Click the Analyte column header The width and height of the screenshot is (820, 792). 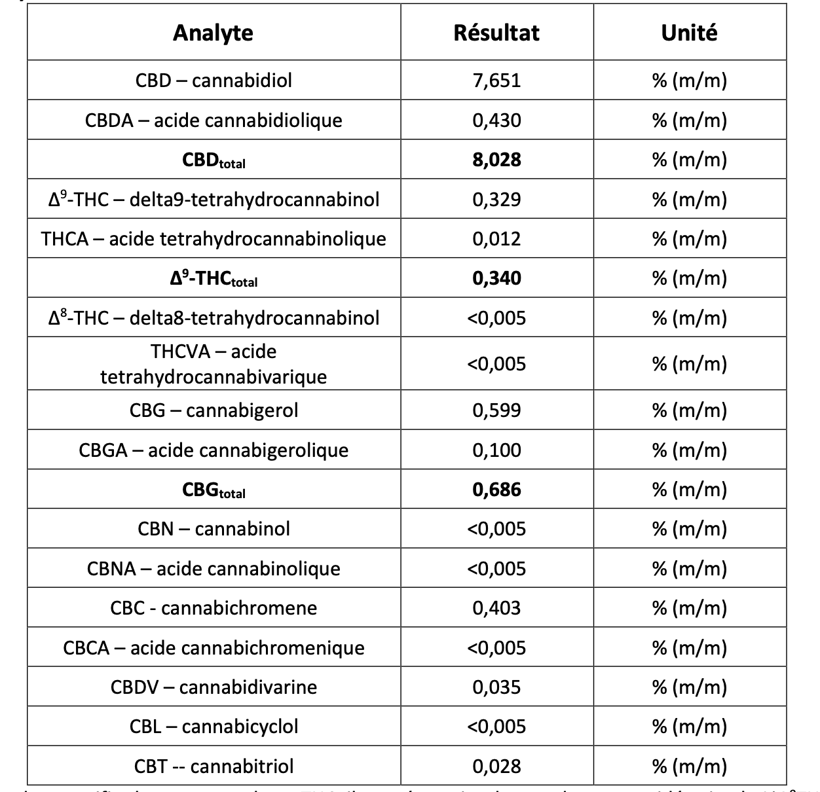tap(213, 33)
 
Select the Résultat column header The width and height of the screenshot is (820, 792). tap(496, 33)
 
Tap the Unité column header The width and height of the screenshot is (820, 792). tap(689, 33)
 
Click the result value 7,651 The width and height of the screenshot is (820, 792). tap(496, 81)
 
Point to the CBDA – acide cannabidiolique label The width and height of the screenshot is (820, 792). tap(214, 120)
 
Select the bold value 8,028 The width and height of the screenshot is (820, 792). tap(496, 160)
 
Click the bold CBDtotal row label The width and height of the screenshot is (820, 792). tap(214, 160)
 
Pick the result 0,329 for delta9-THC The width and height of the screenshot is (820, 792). tap(496, 200)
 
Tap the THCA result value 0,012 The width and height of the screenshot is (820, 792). tap(496, 239)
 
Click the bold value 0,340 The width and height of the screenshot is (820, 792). tap(496, 278)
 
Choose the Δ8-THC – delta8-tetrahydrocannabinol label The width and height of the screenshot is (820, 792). tap(214, 318)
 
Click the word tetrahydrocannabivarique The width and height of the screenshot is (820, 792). tap(214, 377)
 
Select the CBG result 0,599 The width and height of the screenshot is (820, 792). tap(496, 410)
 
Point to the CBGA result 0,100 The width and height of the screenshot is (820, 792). tap(496, 450)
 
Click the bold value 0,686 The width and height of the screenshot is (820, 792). tap(496, 490)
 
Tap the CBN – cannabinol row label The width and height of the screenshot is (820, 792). tap(214, 529)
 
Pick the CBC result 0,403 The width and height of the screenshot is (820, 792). tap(496, 608)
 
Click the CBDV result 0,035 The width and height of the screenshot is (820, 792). tap(496, 687)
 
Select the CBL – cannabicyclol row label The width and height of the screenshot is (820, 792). tap(214, 727)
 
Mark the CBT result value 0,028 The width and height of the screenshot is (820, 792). tap(496, 766)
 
